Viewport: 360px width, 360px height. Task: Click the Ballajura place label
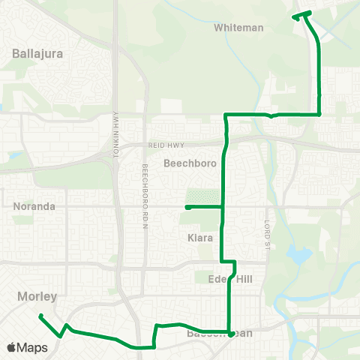(37, 54)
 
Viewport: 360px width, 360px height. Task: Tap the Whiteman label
(238, 28)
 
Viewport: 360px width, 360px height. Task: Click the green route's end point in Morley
(40, 316)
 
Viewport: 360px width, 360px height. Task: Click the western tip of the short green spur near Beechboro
(187, 206)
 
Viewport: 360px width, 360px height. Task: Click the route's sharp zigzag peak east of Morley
(67, 325)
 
